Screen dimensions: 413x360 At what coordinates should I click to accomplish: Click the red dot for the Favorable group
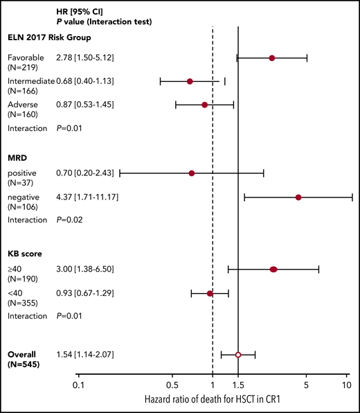[272, 58]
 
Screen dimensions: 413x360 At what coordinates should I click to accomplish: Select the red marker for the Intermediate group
[190, 82]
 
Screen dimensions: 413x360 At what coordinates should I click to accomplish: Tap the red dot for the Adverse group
[204, 105]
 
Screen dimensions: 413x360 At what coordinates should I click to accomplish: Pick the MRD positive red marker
[192, 173]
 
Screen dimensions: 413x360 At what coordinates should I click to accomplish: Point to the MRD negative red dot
[298, 197]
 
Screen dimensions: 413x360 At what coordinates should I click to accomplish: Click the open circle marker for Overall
[238, 355]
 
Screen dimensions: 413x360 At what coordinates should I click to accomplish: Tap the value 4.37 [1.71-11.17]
[87, 197]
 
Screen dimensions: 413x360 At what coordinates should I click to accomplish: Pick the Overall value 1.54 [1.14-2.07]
[85, 355]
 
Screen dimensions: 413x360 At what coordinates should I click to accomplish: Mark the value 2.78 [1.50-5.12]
[85, 58]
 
